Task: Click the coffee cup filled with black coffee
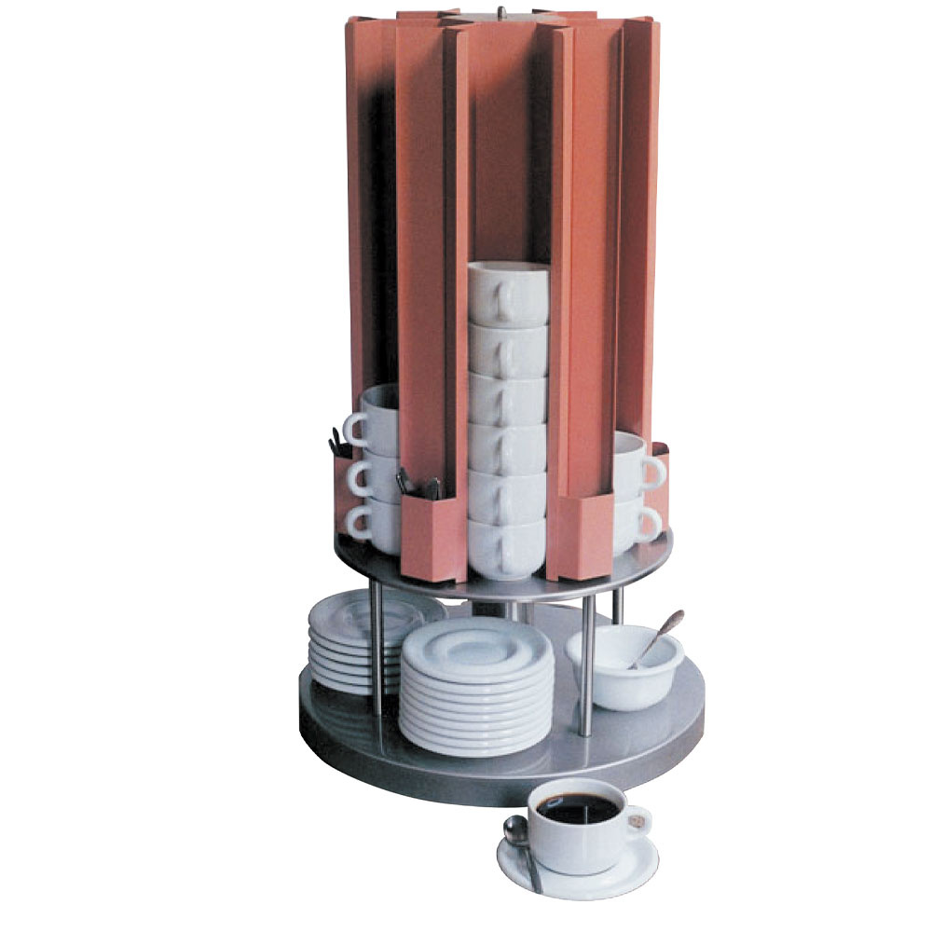[x=578, y=825]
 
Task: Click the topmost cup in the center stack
[x=508, y=294]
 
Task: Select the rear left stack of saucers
[x=349, y=643]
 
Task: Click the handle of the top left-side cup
[x=355, y=429]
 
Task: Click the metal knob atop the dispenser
[x=500, y=12]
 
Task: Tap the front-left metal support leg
[x=376, y=652]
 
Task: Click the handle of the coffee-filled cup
[x=637, y=821]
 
